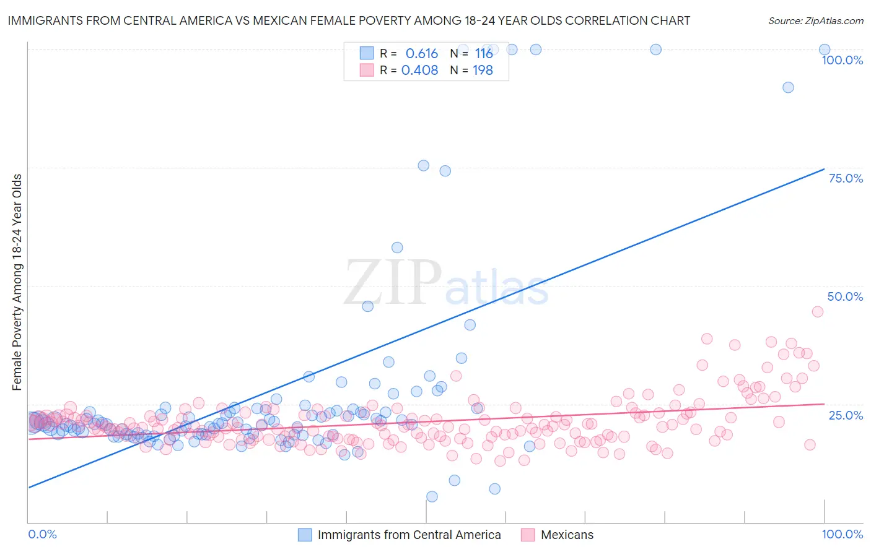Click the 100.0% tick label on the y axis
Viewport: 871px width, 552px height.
[842, 60]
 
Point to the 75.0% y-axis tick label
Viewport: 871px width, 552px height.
[846, 178]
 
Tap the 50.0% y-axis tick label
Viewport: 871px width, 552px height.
[845, 296]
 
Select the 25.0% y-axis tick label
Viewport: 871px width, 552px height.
[846, 415]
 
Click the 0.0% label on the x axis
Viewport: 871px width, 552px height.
[42, 534]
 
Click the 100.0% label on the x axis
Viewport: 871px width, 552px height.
[842, 534]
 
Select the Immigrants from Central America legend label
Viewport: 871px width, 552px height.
[409, 535]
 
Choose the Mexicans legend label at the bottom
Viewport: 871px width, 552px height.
[567, 535]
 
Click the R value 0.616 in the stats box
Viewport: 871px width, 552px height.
[421, 54]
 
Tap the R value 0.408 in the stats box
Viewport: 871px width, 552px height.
[419, 71]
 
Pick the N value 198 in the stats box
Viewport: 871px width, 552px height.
[483, 71]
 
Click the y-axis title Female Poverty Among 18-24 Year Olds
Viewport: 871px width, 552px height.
[17, 282]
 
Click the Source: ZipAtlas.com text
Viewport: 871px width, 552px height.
[815, 21]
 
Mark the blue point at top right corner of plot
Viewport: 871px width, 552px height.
[825, 50]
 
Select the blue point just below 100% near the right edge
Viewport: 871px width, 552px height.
[788, 87]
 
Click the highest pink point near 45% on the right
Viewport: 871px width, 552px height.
[818, 312]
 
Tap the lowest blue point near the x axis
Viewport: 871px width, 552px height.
[432, 496]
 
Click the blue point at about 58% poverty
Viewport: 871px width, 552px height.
[397, 248]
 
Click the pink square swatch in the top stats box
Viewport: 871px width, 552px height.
[367, 71]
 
